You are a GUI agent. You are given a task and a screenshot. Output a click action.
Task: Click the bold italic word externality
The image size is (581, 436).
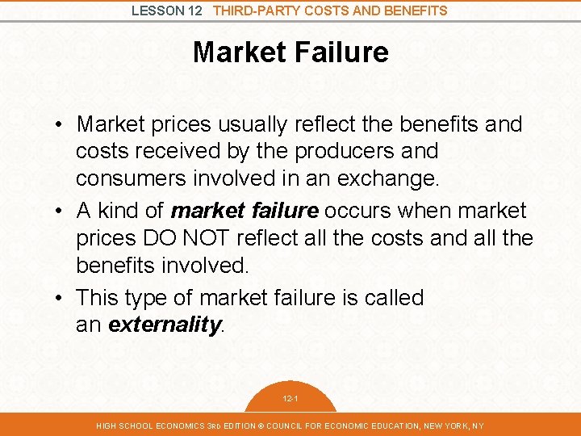point(164,325)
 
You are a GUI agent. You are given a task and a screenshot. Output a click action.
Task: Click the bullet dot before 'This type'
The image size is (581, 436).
point(61,298)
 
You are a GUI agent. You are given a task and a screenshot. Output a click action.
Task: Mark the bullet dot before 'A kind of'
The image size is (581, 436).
point(61,211)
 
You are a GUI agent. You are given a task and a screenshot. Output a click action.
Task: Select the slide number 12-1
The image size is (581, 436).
point(290,399)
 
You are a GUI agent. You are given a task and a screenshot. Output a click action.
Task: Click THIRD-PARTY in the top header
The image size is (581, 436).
point(256,10)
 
